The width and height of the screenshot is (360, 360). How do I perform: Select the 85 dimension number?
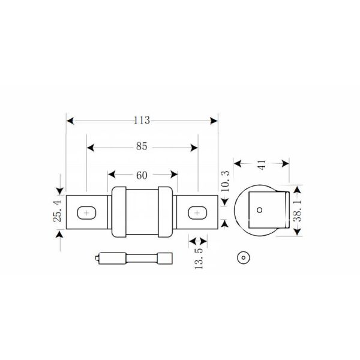click(142, 146)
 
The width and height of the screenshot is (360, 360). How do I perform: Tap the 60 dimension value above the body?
click(142, 175)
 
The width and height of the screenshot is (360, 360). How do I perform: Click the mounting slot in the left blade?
click(87, 212)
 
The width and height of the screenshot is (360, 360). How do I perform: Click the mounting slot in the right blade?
click(197, 212)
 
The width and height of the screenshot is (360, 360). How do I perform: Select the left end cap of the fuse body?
click(119, 212)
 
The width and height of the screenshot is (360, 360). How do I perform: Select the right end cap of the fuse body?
click(164, 212)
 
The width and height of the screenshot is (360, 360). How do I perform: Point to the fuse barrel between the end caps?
click(142, 212)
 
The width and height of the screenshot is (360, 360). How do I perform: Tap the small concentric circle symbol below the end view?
click(243, 259)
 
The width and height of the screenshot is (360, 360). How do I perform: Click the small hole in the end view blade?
click(259, 210)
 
